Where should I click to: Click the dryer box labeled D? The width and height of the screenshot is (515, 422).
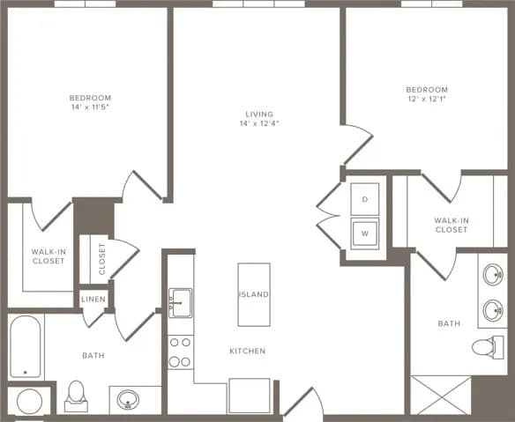[x=364, y=199]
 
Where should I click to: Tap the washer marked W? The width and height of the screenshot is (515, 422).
[x=364, y=234]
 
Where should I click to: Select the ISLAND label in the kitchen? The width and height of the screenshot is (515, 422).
[x=254, y=294]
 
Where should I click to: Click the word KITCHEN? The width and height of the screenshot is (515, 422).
[x=247, y=351]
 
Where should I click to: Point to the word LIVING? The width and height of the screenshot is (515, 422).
[x=259, y=115]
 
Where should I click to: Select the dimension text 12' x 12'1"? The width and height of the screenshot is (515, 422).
[x=426, y=100]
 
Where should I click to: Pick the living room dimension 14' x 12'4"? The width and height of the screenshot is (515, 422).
[x=259, y=124]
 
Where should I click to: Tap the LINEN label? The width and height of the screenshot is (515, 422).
[x=93, y=300]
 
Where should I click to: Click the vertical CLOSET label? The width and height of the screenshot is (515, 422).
[x=102, y=259]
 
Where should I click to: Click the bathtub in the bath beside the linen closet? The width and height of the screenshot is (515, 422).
[x=25, y=347]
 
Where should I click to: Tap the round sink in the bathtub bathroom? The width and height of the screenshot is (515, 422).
[x=129, y=399]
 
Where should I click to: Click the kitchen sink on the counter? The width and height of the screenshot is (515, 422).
[x=181, y=302]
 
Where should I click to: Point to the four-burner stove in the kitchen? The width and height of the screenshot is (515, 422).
[x=181, y=352]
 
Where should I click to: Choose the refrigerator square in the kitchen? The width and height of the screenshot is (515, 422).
[x=249, y=395]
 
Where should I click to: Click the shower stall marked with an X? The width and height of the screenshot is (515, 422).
[x=440, y=395]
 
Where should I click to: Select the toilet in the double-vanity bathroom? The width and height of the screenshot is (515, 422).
[x=485, y=347]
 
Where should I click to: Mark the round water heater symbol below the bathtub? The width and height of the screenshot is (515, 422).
[x=29, y=401]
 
